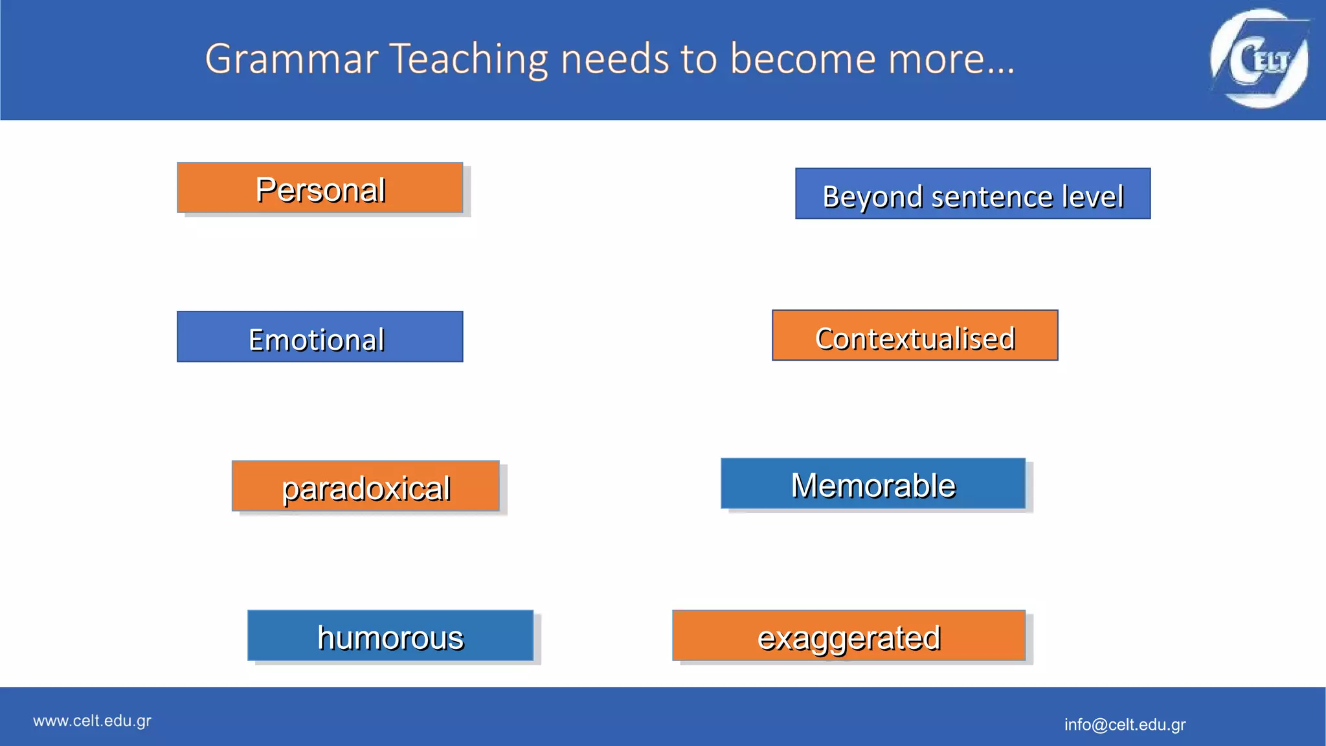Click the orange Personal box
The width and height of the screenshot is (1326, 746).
(x=320, y=188)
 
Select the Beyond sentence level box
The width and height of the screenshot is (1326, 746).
(x=972, y=194)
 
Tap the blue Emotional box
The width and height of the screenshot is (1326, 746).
(x=320, y=337)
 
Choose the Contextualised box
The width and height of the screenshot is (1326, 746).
(x=915, y=335)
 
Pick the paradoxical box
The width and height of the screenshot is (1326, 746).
(x=366, y=486)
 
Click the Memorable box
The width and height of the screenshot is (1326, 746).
(x=873, y=484)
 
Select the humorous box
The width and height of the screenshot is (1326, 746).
(x=390, y=635)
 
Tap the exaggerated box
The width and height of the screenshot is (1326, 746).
(x=849, y=635)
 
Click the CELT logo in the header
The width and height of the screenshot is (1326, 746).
(x=1259, y=58)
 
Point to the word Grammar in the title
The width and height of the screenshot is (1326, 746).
(x=291, y=60)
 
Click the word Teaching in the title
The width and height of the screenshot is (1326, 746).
(x=469, y=60)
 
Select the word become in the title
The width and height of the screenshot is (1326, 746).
(x=803, y=60)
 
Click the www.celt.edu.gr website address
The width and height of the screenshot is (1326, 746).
(x=92, y=721)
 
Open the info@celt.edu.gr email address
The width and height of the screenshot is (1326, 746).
(x=1125, y=725)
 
